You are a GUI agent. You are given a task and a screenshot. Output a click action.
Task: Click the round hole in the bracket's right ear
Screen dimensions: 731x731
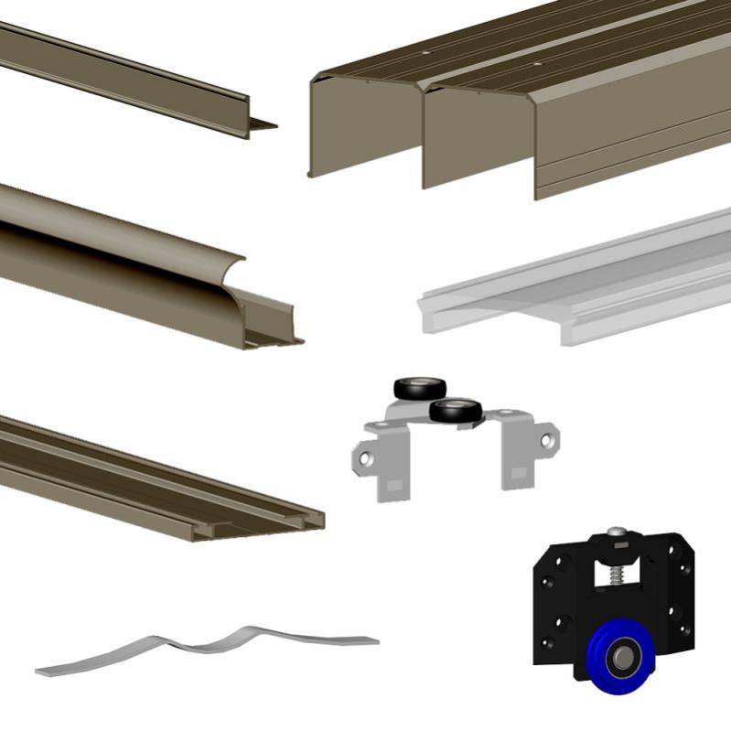coord(547,440)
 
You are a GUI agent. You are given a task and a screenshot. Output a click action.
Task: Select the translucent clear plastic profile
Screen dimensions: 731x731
coord(576,284)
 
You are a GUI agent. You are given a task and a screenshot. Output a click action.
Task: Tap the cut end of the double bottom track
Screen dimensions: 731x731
coord(302,521)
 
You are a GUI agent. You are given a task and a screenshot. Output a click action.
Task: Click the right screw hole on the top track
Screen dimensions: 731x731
coord(539,65)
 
